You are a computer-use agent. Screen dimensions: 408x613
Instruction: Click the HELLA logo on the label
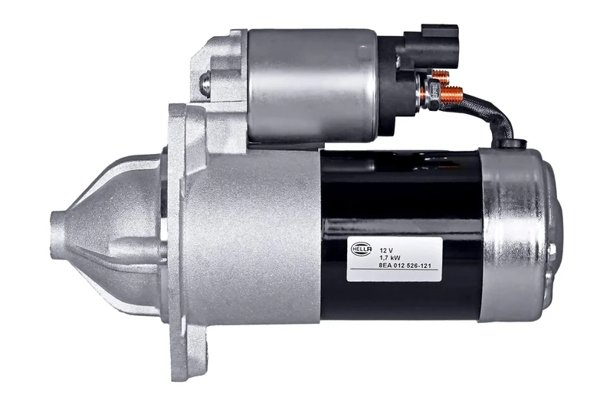point(362,250)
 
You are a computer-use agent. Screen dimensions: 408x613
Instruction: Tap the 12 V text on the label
point(386,250)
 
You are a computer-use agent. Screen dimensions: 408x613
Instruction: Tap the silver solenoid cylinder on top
point(310,84)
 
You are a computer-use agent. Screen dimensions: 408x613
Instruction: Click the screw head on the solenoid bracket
point(205,83)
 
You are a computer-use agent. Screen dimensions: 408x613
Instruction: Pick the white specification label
point(394,259)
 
